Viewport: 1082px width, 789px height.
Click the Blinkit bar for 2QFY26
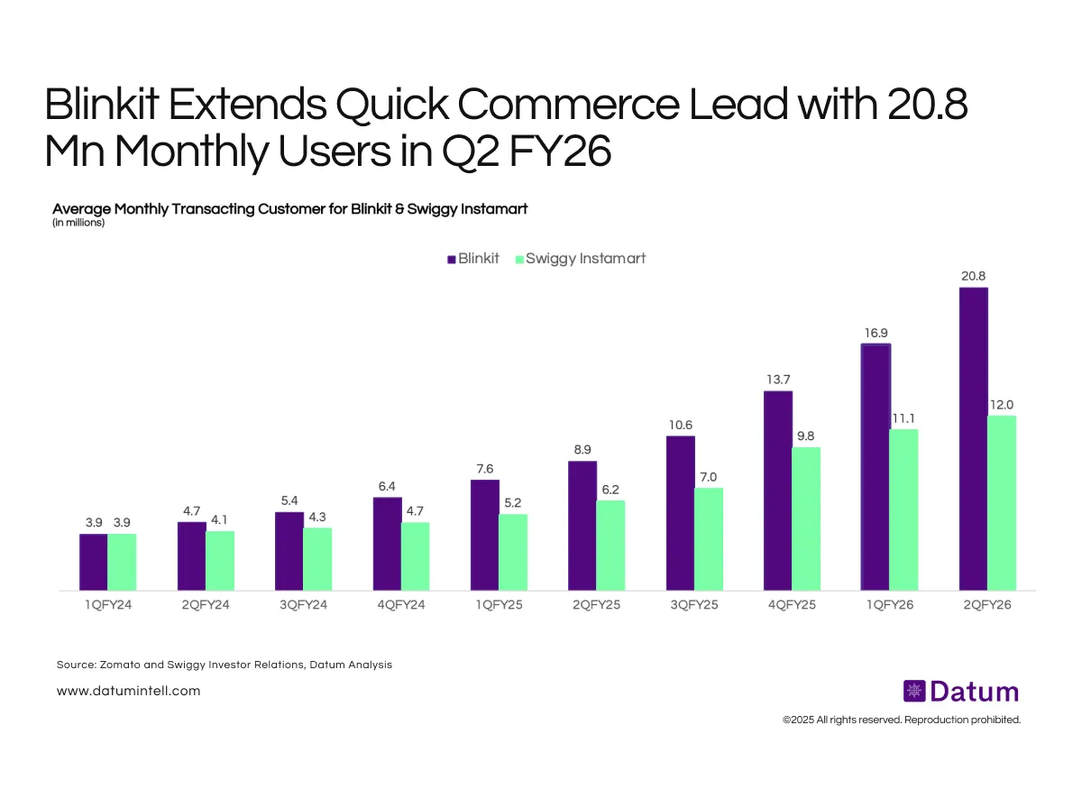click(x=974, y=439)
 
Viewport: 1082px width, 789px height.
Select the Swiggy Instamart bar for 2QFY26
click(x=1002, y=503)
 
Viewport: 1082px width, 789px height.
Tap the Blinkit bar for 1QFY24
click(x=94, y=562)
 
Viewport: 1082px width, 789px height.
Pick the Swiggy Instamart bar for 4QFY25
click(x=806, y=518)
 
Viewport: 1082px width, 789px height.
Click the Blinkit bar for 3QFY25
click(x=681, y=513)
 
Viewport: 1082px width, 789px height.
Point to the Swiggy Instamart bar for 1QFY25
click(x=513, y=552)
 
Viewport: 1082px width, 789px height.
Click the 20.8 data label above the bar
click(x=973, y=276)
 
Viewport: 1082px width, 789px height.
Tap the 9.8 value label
click(x=806, y=436)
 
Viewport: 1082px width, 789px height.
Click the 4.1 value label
click(x=220, y=519)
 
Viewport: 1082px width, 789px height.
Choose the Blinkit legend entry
click(x=472, y=259)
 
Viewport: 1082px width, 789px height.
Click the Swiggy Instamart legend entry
click(x=580, y=259)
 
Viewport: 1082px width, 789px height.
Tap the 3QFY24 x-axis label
click(x=303, y=605)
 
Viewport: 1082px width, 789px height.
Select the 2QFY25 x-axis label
click(x=596, y=605)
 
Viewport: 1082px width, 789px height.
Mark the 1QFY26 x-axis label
click(x=889, y=605)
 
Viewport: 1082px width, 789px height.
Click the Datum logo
click(x=960, y=692)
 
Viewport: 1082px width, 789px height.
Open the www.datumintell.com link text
click(x=128, y=691)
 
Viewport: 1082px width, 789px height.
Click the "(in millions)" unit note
click(x=78, y=223)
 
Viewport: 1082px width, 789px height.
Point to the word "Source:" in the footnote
click(x=76, y=665)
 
